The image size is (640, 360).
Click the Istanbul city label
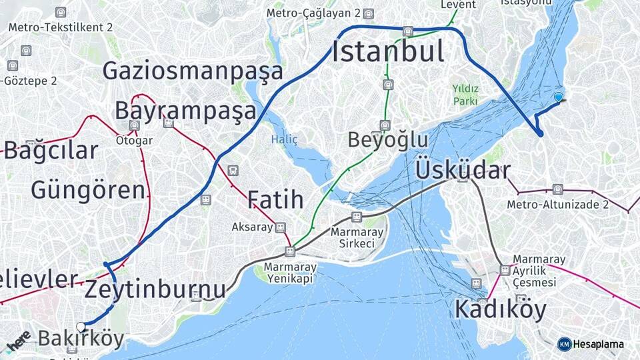tap(388, 52)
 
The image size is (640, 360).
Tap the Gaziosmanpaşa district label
tap(193, 71)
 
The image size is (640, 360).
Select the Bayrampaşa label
tap(185, 110)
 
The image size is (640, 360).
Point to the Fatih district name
tap(275, 199)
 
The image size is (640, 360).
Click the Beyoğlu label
tap(388, 140)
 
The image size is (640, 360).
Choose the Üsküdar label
tap(463, 170)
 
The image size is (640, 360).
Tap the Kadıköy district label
tap(500, 309)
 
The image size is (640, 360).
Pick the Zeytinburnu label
tap(155, 290)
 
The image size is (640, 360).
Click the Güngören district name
tap(88, 190)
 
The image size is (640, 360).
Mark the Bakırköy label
tap(81, 339)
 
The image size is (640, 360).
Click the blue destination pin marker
tap(559, 97)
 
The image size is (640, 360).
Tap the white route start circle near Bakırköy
tap(81, 327)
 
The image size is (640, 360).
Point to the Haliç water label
tap(284, 139)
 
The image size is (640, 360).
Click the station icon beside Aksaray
tap(281, 227)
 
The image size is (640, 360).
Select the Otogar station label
tap(134, 141)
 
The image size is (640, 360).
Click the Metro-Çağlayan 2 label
tap(313, 13)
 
